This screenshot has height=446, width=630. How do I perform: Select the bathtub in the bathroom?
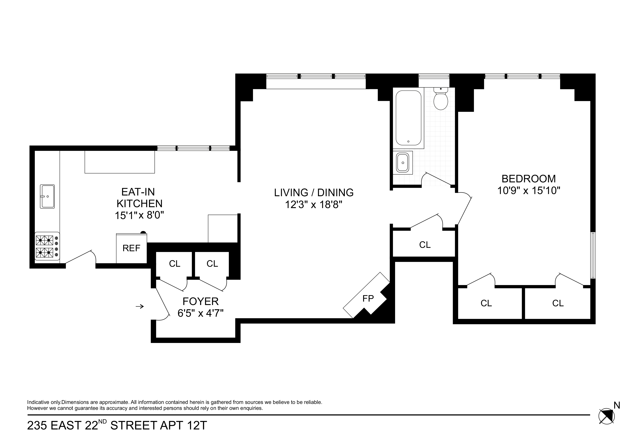point(408,118)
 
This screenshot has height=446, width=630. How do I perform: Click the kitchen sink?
point(47,197)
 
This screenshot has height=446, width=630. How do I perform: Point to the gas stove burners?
point(45,246)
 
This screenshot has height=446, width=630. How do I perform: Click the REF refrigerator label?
point(131,248)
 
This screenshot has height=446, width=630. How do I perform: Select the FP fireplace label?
point(368,298)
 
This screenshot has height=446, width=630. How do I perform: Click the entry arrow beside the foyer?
point(140,306)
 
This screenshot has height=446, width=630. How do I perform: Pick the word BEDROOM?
point(529,179)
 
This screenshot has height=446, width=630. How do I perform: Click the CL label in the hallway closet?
point(425,245)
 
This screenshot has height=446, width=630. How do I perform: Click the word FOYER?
point(201,301)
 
